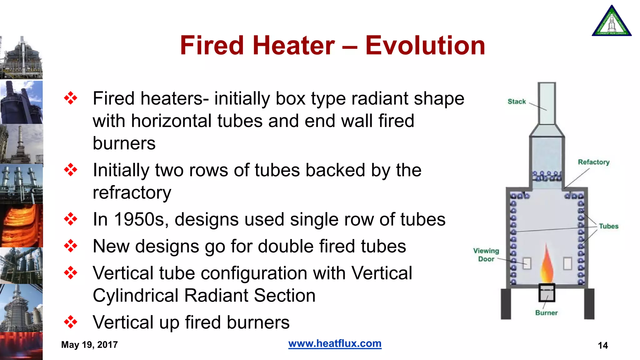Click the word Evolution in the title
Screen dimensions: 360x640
[425, 46]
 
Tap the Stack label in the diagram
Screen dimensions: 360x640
[517, 102]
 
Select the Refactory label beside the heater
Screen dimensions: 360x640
[593, 162]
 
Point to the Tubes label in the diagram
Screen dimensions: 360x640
[608, 226]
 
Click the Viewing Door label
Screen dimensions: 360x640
[486, 255]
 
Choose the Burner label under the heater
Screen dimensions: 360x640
[546, 313]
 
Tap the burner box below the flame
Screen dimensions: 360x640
[547, 293]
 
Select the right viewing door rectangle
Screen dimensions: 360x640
[567, 263]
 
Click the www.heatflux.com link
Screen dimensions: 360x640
[335, 343]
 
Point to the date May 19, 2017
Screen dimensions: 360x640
[89, 345]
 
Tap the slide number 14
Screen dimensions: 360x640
[602, 345]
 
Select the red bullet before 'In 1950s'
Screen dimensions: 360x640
[71, 219]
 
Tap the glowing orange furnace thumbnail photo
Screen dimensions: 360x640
[21, 226]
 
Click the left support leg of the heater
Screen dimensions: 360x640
[506, 304]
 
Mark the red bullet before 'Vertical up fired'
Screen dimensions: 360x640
[71, 322]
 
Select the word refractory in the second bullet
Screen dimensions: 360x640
[132, 193]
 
